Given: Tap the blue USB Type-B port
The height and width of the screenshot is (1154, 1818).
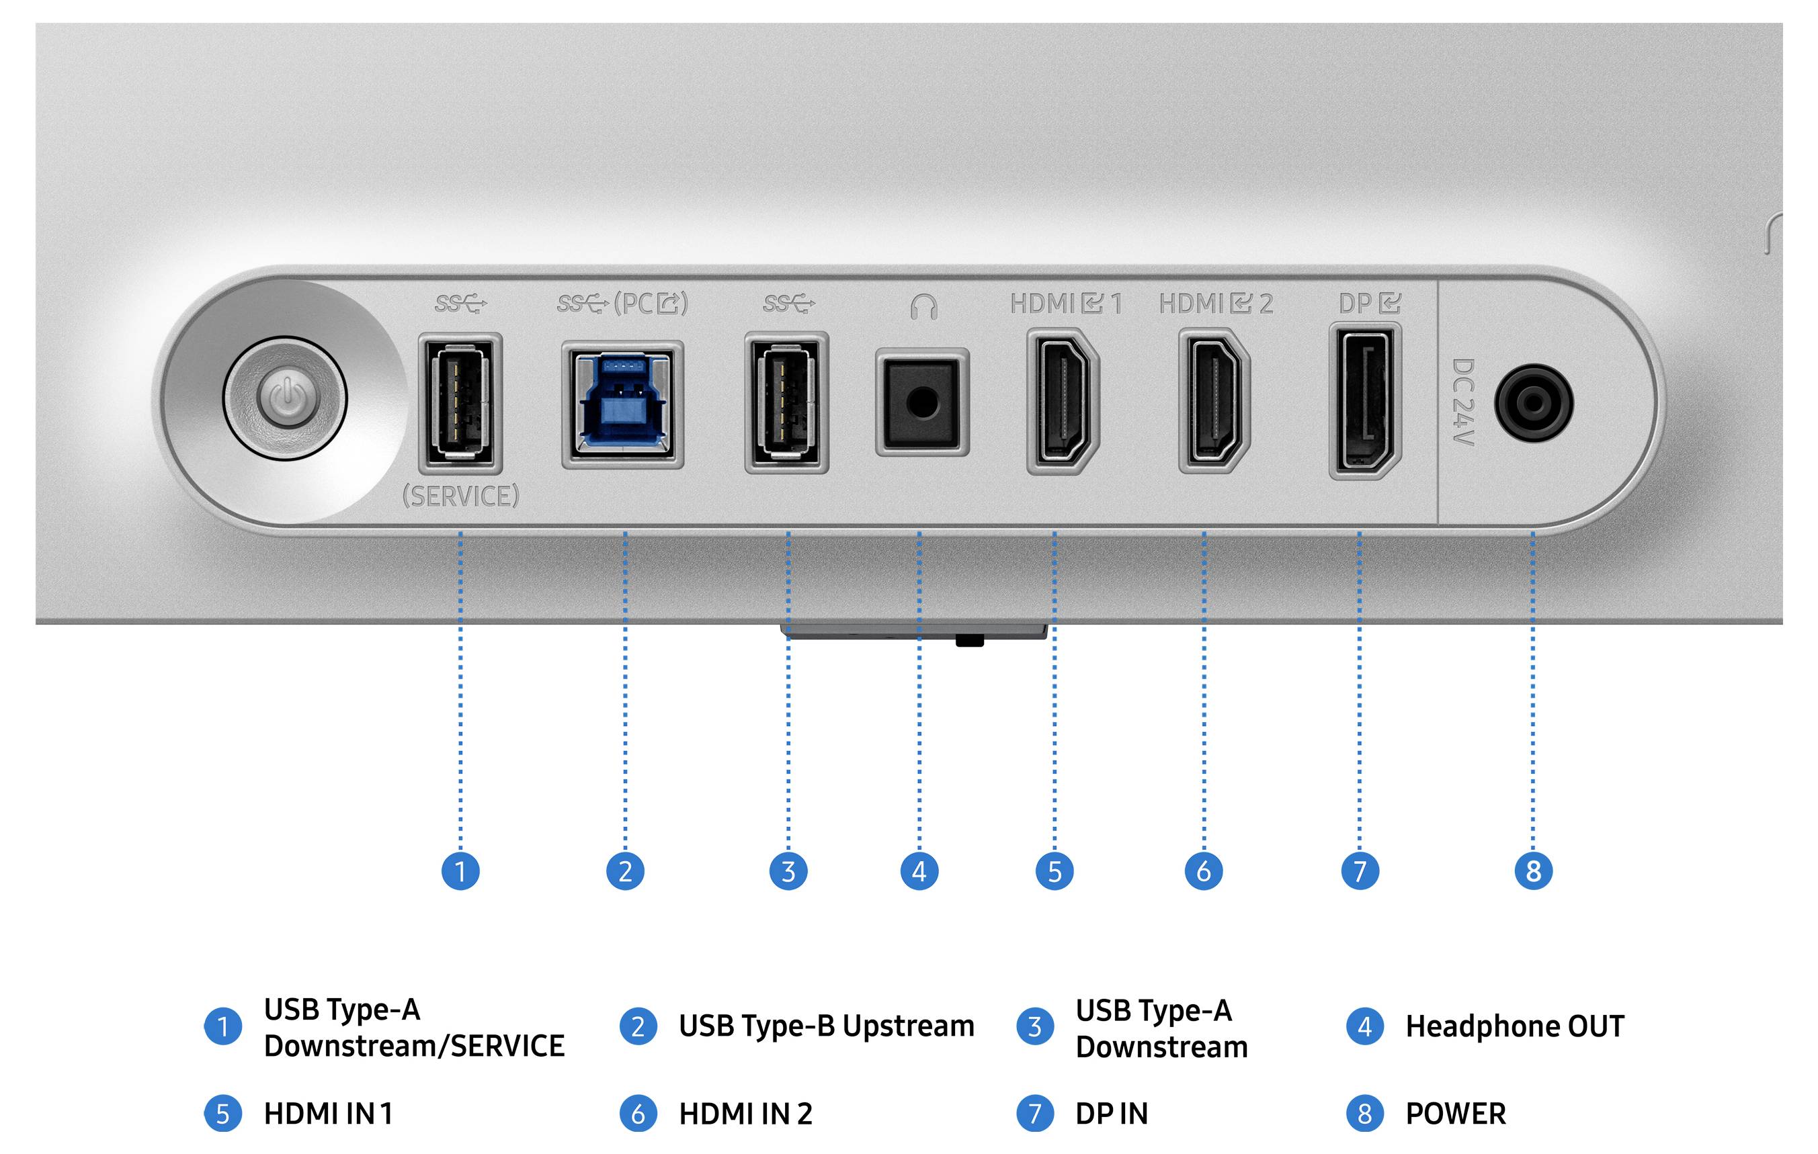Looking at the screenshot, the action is (x=623, y=404).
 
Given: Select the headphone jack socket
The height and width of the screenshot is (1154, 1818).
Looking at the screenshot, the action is (x=922, y=402).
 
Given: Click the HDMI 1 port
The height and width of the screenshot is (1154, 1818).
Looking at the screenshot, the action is (x=1063, y=401).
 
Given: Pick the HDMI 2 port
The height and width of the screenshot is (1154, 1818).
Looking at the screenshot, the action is (x=1214, y=401).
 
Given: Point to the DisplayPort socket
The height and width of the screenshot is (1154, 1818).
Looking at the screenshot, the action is (x=1365, y=401).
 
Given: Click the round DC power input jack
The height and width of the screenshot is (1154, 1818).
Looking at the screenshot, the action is (x=1534, y=403).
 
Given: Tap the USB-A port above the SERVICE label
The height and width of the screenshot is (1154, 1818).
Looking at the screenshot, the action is (x=460, y=402).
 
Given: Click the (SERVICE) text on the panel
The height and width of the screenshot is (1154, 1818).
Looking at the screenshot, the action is (x=460, y=496).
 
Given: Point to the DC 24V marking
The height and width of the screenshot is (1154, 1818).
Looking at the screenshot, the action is (x=1463, y=402).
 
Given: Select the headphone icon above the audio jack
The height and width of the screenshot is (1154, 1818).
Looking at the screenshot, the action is (x=923, y=306).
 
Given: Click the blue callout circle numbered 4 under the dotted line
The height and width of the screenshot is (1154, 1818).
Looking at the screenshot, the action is (x=919, y=871).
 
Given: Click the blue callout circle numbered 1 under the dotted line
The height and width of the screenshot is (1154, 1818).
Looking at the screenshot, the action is (x=460, y=871).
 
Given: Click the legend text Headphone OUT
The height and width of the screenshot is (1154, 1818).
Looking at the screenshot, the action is (x=1514, y=1026).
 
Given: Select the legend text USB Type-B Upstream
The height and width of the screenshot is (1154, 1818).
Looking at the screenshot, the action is (x=827, y=1026).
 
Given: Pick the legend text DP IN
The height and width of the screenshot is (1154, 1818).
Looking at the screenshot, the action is (x=1112, y=1114).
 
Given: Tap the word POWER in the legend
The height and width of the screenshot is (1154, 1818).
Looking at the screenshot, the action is (x=1456, y=1114).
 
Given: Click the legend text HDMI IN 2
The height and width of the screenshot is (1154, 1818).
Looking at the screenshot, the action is (x=745, y=1114).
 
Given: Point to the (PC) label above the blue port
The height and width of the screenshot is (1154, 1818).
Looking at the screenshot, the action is (x=651, y=304).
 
